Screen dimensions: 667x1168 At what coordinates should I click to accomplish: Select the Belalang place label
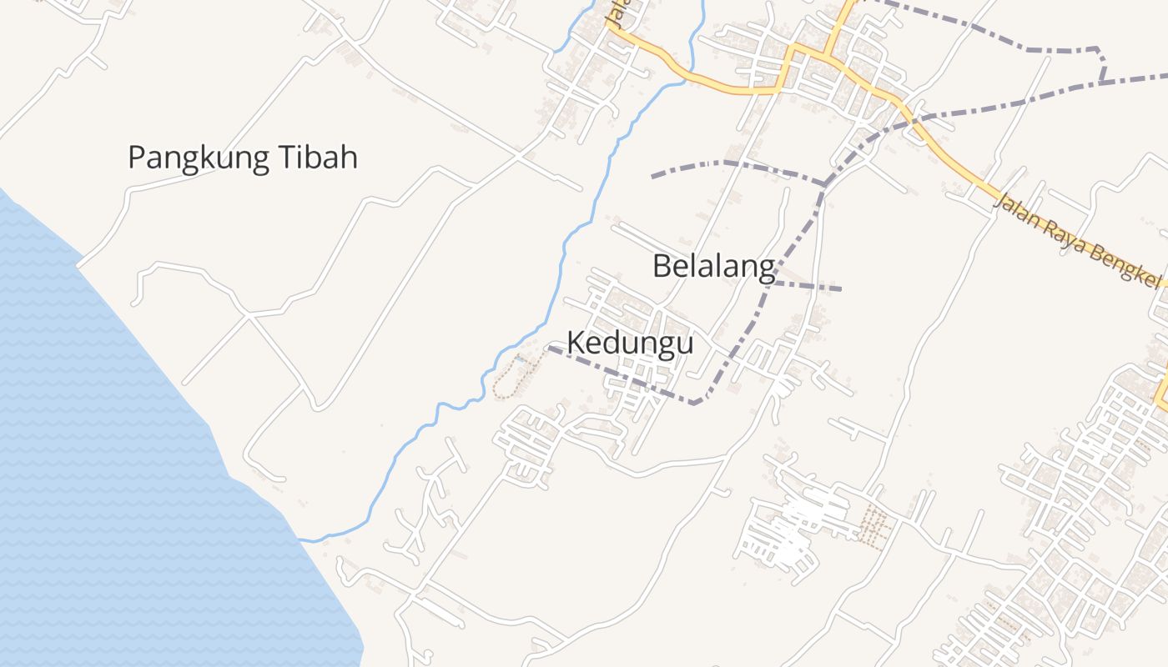coord(713,266)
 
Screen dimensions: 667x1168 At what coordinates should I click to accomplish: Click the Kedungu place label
coord(630,343)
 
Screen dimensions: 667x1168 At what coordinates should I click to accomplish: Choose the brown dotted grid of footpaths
coord(873,526)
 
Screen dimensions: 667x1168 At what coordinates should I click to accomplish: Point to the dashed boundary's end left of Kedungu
coord(551,349)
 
